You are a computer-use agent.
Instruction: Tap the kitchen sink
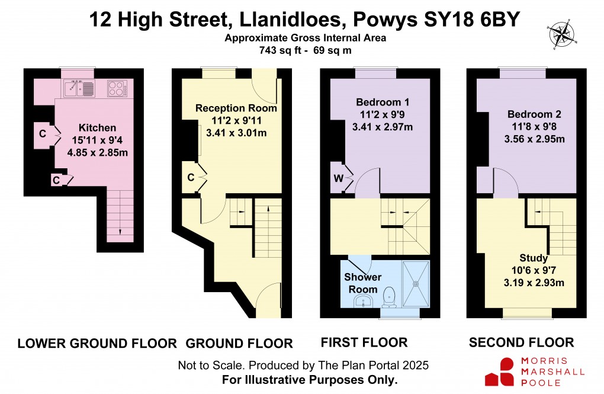point(79,89)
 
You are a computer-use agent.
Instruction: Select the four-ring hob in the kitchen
point(116,89)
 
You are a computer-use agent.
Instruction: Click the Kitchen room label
point(97,128)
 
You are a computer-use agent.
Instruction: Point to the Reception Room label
point(236,108)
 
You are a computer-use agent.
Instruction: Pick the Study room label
point(534,258)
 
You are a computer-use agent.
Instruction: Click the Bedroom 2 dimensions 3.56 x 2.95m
point(534,139)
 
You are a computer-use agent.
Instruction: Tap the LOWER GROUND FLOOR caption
point(97,343)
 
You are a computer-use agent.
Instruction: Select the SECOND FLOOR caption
point(521,342)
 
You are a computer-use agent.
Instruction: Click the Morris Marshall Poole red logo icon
point(499,372)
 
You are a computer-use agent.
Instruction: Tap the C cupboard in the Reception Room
point(191,177)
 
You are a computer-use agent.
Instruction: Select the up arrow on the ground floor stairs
point(268,209)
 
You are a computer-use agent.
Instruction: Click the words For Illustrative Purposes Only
point(310,379)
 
